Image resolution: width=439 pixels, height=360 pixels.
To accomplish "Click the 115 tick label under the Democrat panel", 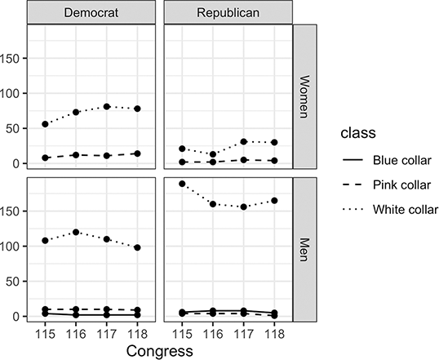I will tap(46, 333).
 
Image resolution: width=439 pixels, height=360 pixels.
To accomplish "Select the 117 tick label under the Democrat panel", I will tap(106, 333).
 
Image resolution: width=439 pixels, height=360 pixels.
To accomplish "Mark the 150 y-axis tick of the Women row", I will tap(13, 58).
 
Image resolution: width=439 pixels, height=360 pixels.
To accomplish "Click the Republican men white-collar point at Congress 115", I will tap(182, 184).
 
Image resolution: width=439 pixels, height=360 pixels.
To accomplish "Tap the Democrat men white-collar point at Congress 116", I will tap(76, 232).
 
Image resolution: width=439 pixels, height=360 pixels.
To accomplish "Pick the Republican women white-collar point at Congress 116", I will tap(213, 154).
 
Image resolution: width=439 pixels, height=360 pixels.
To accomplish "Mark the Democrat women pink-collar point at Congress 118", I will tap(136, 153).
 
